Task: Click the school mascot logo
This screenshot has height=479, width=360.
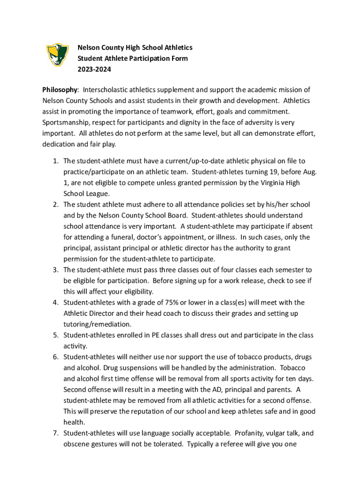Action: [58, 55]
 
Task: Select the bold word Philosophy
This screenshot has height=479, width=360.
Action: [59, 90]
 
